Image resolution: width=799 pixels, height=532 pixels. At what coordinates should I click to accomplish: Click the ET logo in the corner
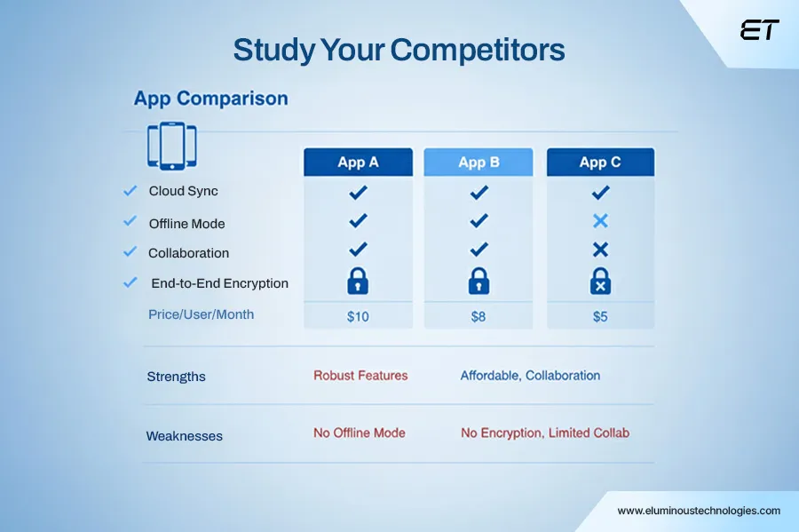[x=759, y=29]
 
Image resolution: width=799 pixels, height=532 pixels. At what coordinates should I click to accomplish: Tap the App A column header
[x=358, y=162]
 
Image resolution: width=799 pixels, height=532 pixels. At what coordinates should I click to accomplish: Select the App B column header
[x=478, y=162]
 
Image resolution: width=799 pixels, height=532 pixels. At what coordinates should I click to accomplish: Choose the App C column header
[x=600, y=162]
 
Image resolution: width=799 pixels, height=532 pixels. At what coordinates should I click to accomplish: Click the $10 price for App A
[x=358, y=316]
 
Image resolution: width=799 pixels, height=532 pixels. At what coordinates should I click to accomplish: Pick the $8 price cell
[x=478, y=316]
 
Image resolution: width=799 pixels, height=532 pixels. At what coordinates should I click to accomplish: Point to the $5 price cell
[x=600, y=316]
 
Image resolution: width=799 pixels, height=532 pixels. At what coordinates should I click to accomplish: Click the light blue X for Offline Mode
[x=600, y=220]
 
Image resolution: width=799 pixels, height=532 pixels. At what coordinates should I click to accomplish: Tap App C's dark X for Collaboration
[x=600, y=250]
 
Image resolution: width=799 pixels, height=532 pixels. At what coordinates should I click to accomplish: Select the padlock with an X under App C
[x=600, y=281]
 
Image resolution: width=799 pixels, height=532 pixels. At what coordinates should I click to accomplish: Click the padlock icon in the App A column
[x=358, y=281]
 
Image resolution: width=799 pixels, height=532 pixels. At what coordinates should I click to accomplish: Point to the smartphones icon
[x=171, y=146]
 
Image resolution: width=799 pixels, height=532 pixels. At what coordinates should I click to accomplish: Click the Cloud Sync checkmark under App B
[x=479, y=192]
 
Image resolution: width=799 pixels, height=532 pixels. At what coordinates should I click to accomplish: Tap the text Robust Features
[x=360, y=376]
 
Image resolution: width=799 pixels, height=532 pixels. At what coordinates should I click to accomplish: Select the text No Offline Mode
[x=360, y=433]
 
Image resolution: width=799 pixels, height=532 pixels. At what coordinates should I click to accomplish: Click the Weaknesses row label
[x=185, y=436]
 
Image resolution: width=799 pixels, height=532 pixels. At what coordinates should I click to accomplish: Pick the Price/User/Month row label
[x=201, y=314]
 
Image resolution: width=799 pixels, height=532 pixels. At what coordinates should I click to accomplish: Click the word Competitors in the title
[x=478, y=50]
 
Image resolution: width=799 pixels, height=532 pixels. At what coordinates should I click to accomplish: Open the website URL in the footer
[x=699, y=511]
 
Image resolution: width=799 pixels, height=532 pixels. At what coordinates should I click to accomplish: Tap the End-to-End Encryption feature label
[x=219, y=283]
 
